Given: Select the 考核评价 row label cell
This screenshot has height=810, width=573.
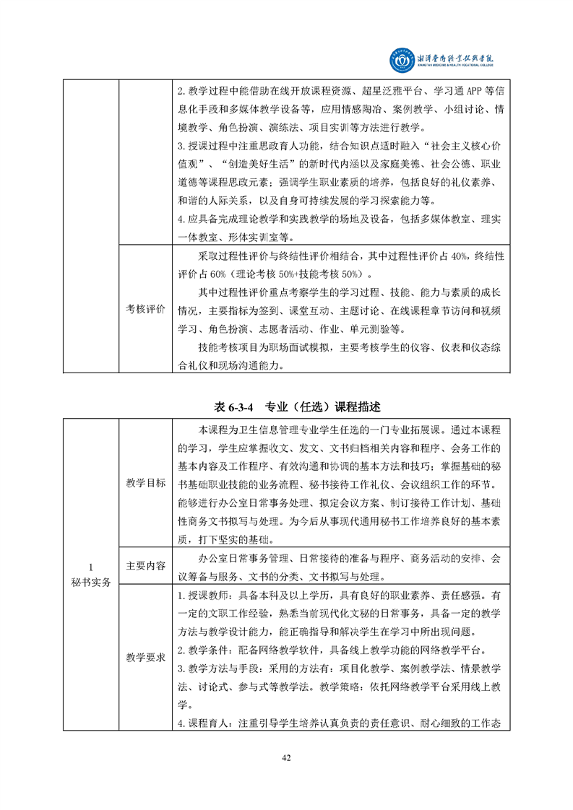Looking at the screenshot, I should (146, 309).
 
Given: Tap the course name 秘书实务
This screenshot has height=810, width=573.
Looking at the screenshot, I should (91, 583).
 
